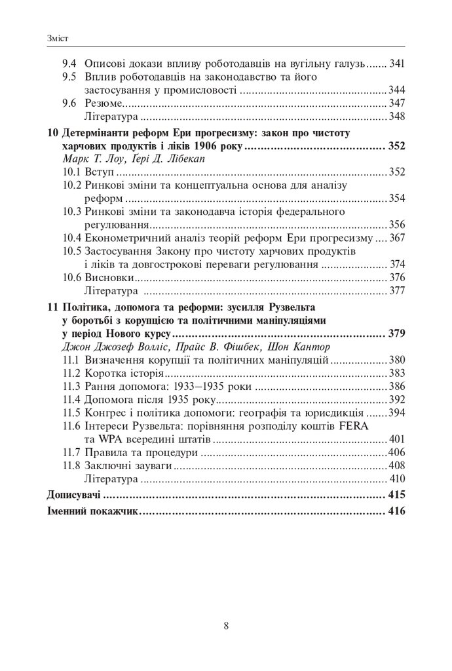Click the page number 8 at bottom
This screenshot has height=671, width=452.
tap(226, 625)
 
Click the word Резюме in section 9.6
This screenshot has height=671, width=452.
tap(104, 104)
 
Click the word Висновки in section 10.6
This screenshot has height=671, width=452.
tap(108, 278)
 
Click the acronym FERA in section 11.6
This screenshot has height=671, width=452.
tap(391, 426)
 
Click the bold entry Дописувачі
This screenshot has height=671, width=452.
tap(75, 494)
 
